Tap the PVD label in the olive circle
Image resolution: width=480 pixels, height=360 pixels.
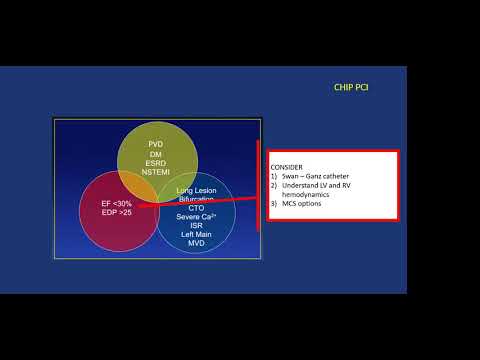[x=156, y=144]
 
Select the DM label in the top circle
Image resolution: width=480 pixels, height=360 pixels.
[x=156, y=154]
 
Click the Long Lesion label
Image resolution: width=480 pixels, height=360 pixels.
[x=196, y=190]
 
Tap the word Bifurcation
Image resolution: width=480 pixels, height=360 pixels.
[x=196, y=200]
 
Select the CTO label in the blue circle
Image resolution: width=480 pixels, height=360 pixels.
[x=196, y=209]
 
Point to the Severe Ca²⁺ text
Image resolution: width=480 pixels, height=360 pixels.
[x=196, y=218]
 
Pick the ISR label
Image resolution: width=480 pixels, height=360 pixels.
[x=196, y=227]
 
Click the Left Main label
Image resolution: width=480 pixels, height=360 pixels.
[x=196, y=236]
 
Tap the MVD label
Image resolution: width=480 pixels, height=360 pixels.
[x=196, y=245]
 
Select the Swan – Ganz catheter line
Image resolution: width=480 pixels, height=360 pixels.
[x=316, y=177]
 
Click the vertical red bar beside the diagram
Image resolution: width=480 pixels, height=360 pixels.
[x=259, y=185]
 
